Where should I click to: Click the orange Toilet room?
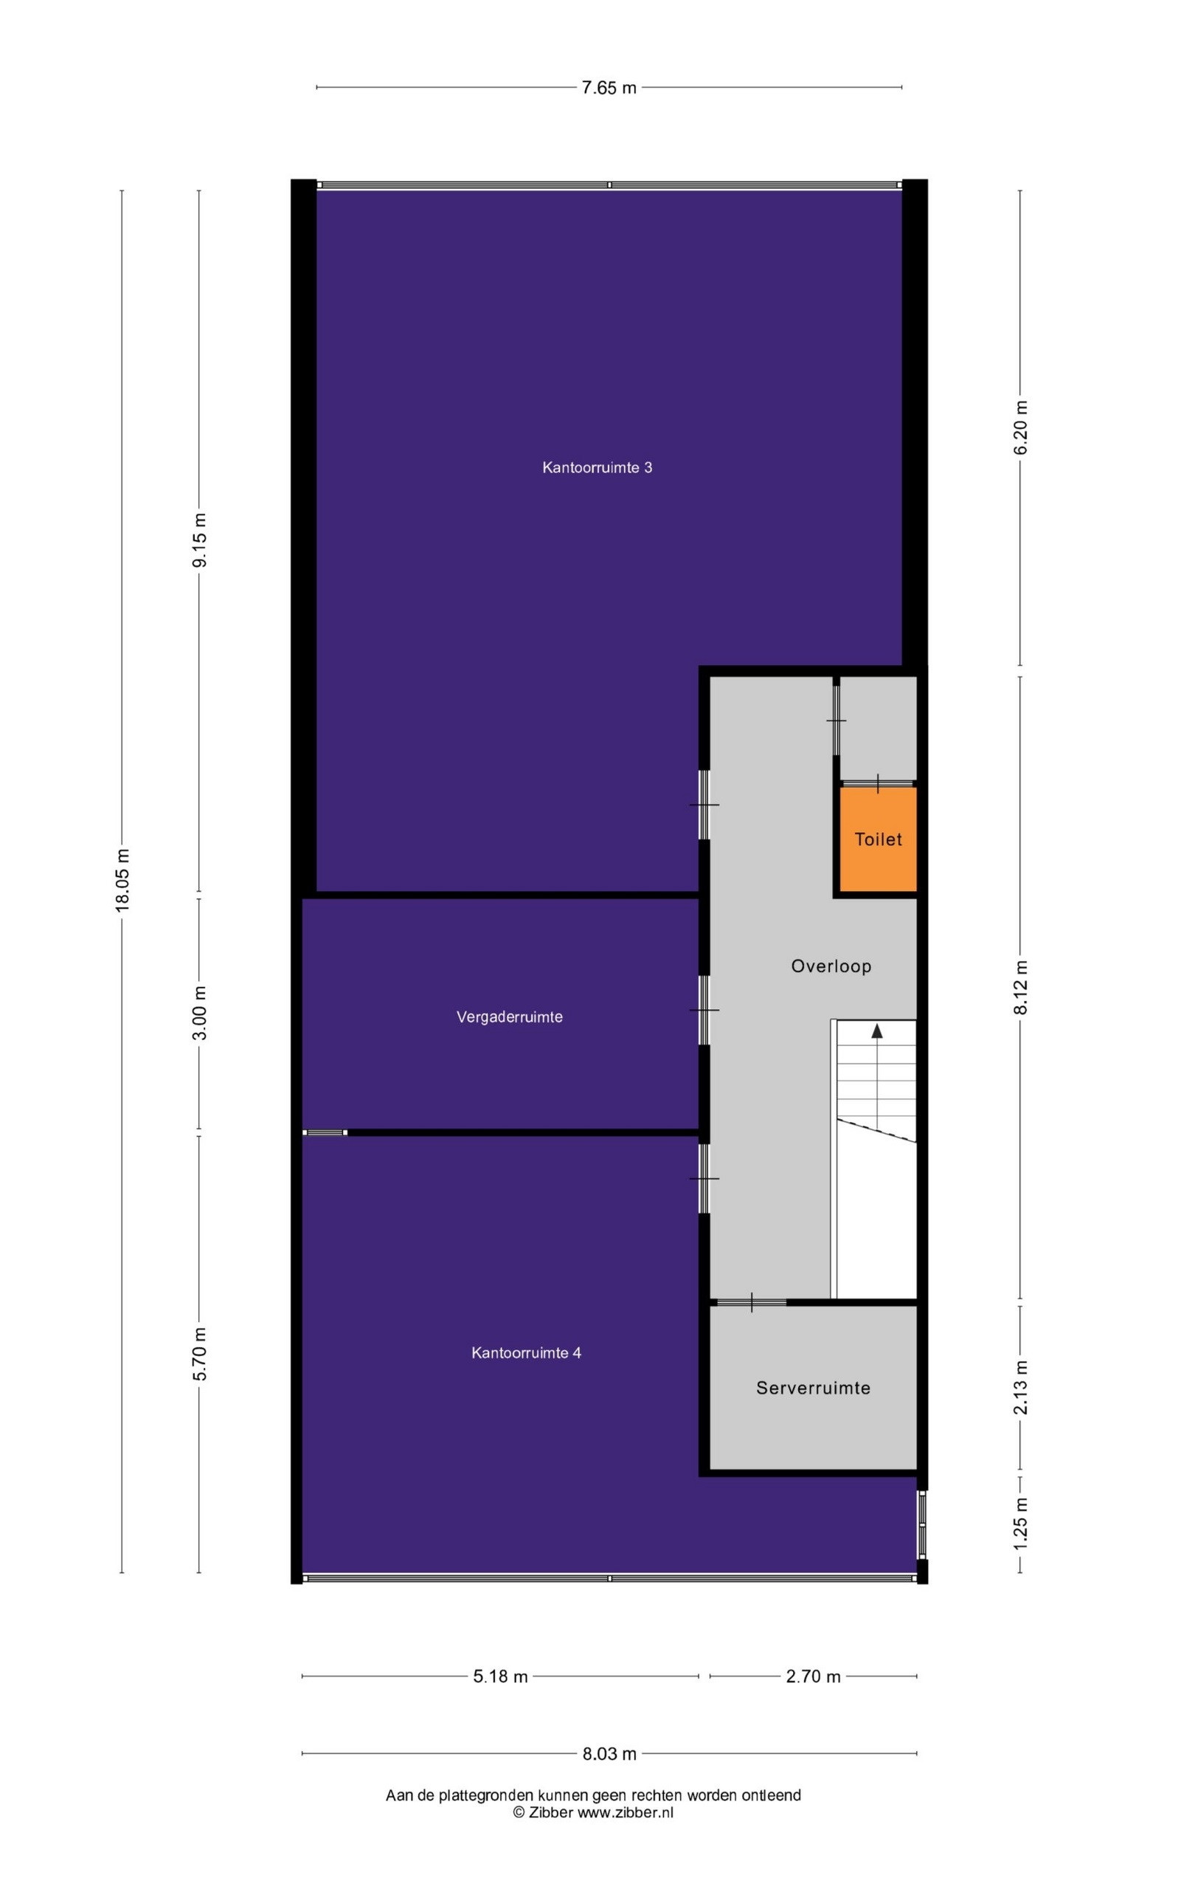click(878, 839)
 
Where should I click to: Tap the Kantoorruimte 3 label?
click(597, 468)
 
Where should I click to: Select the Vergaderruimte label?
click(510, 1017)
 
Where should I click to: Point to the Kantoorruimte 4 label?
click(526, 1353)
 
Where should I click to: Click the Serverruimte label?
click(813, 1389)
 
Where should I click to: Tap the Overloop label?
click(831, 966)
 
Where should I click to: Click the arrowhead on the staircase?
click(877, 1031)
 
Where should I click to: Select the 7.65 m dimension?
click(609, 88)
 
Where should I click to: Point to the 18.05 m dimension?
click(122, 880)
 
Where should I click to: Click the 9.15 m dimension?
click(201, 540)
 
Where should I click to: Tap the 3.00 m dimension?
click(201, 1013)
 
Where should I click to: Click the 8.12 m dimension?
click(1020, 987)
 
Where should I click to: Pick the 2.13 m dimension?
click(1020, 1388)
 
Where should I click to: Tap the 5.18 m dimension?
click(500, 1676)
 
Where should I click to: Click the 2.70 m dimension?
click(813, 1676)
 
